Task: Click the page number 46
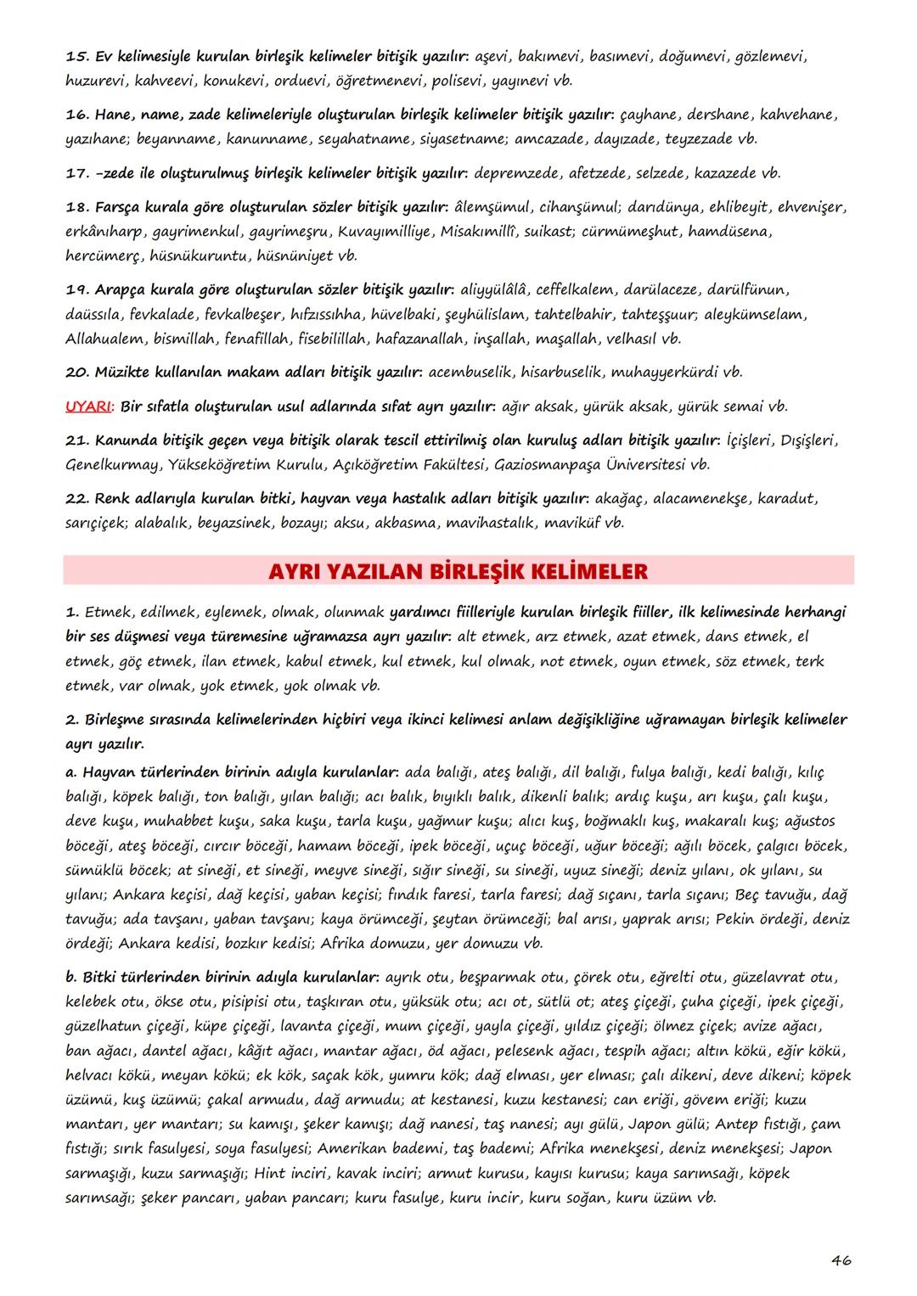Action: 841,1260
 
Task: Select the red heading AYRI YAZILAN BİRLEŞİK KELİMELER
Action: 458,571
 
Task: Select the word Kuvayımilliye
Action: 384,232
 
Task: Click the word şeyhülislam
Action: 486,315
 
